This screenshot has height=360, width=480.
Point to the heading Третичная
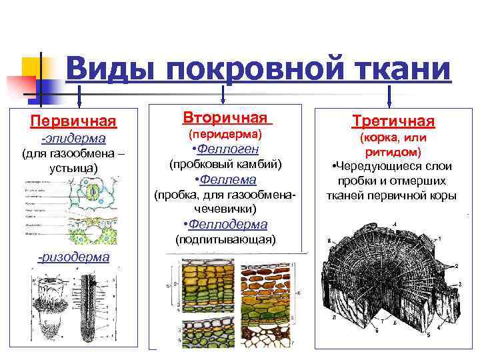point(393,121)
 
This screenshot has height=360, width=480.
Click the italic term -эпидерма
point(73,139)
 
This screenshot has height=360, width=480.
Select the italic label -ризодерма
point(73,257)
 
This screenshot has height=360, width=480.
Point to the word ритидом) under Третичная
point(393,152)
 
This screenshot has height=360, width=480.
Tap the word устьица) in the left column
point(73,167)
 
